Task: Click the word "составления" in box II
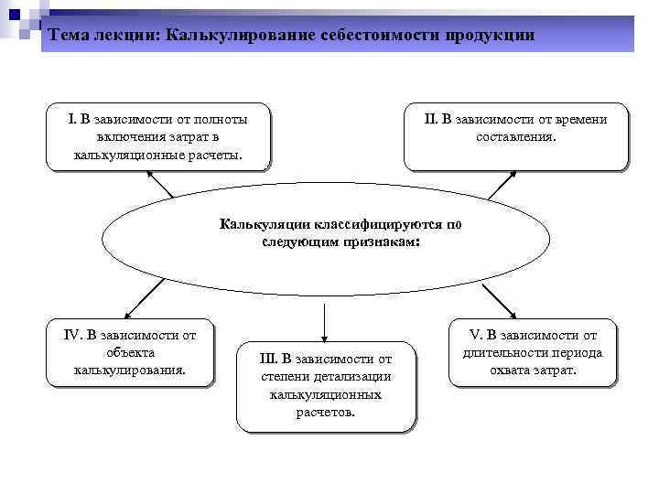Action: pyautogui.click(x=514, y=137)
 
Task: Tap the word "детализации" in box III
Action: pyautogui.click(x=355, y=376)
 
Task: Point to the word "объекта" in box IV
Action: pyautogui.click(x=130, y=352)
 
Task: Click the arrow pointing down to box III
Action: pyautogui.click(x=324, y=320)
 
